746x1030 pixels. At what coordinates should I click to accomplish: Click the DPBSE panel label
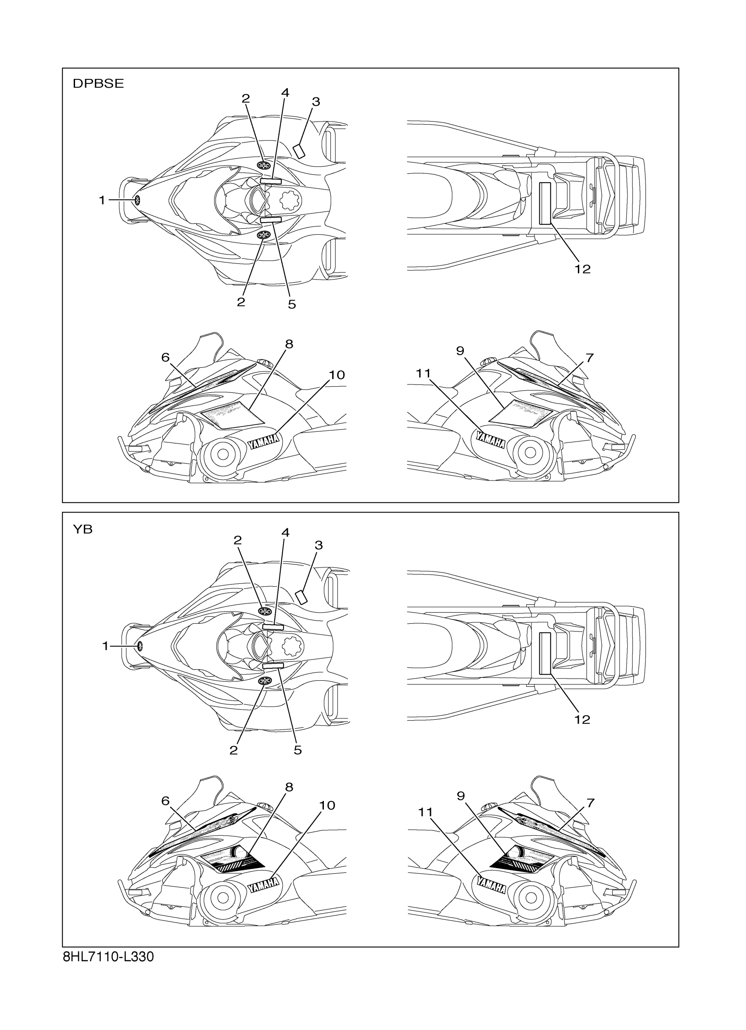pyautogui.click(x=98, y=84)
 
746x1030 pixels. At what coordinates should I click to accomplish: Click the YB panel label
pyautogui.click(x=82, y=530)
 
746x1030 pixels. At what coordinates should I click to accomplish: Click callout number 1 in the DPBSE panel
pyautogui.click(x=102, y=200)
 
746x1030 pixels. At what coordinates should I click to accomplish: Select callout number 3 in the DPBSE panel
pyautogui.click(x=316, y=102)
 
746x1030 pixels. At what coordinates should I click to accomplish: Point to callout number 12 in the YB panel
pyautogui.click(x=582, y=719)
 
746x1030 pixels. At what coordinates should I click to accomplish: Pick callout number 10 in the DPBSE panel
pyautogui.click(x=337, y=375)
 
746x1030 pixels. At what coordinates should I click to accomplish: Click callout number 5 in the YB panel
pyautogui.click(x=298, y=750)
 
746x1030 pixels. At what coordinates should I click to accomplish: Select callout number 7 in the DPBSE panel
pyautogui.click(x=589, y=358)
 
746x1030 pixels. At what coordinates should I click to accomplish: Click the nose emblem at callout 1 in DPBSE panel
pyautogui.click(x=136, y=200)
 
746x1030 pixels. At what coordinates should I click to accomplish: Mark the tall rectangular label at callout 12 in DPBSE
pyautogui.click(x=545, y=203)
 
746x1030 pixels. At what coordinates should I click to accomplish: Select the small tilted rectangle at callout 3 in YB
pyautogui.click(x=301, y=596)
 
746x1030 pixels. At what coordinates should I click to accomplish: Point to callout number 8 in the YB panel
pyautogui.click(x=289, y=787)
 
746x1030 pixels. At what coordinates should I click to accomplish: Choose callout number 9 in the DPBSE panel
pyautogui.click(x=460, y=351)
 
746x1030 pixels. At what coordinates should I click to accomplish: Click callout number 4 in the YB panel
pyautogui.click(x=285, y=532)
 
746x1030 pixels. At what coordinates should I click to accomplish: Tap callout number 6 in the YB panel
pyautogui.click(x=165, y=801)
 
